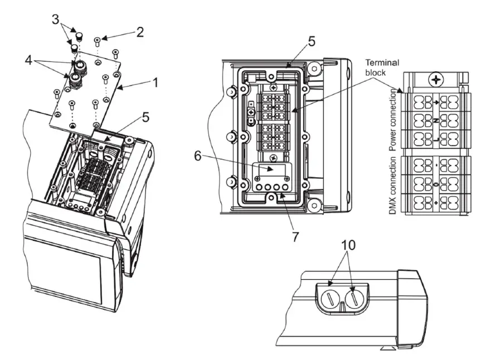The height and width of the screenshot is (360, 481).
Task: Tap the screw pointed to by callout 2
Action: coord(97,40)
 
